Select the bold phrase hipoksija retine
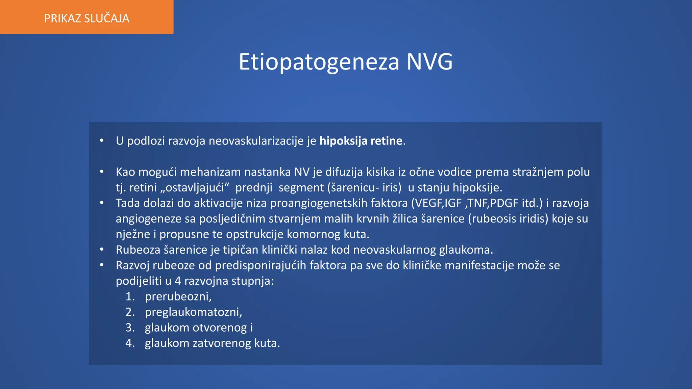pos(361,141)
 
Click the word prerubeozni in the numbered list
pos(178,296)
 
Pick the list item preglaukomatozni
pos(193,312)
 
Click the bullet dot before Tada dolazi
pos(102,203)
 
